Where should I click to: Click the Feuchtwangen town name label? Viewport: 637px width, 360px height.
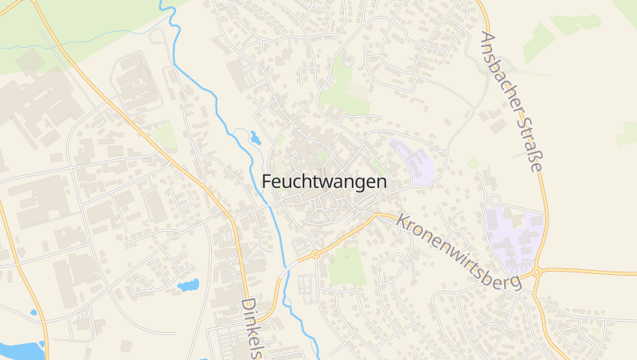pyautogui.click(x=324, y=182)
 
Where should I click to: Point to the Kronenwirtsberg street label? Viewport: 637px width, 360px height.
pyautogui.click(x=459, y=252)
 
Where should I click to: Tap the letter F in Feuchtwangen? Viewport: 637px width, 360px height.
pyautogui.click(x=267, y=182)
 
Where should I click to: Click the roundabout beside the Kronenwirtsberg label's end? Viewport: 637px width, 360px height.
pyautogui.click(x=537, y=272)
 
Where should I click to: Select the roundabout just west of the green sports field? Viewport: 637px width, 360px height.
pyautogui.click(x=315, y=255)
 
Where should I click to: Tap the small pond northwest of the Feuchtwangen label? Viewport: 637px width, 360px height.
pyautogui.click(x=255, y=137)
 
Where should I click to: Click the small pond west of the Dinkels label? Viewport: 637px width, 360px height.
pyautogui.click(x=189, y=284)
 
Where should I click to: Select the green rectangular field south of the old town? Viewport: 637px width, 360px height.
pyautogui.click(x=347, y=266)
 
